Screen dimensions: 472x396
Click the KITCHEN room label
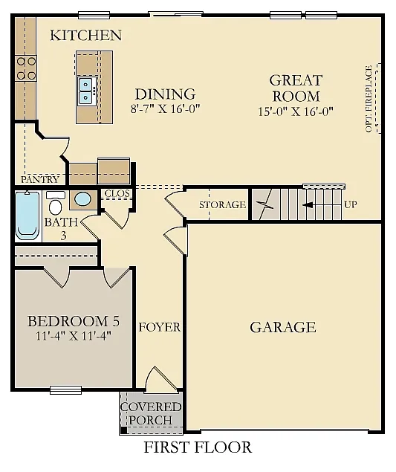[85, 35]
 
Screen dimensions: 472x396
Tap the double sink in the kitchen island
[86, 90]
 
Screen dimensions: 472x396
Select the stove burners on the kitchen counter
[26, 68]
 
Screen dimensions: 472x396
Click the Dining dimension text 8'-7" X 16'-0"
[165, 109]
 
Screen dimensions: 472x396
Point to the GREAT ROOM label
[296, 88]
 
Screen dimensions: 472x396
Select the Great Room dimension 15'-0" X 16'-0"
[296, 111]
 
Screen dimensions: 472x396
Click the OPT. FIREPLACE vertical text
[369, 100]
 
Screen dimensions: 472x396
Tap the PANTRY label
[39, 180]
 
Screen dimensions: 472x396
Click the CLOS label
[117, 193]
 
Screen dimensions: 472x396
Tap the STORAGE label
[222, 205]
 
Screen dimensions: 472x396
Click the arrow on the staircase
[318, 204]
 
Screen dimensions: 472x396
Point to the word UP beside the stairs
[351, 204]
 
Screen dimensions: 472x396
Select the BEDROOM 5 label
[73, 321]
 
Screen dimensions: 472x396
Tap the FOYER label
[160, 327]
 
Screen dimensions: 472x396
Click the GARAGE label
[282, 327]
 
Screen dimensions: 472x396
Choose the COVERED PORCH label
[151, 413]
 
